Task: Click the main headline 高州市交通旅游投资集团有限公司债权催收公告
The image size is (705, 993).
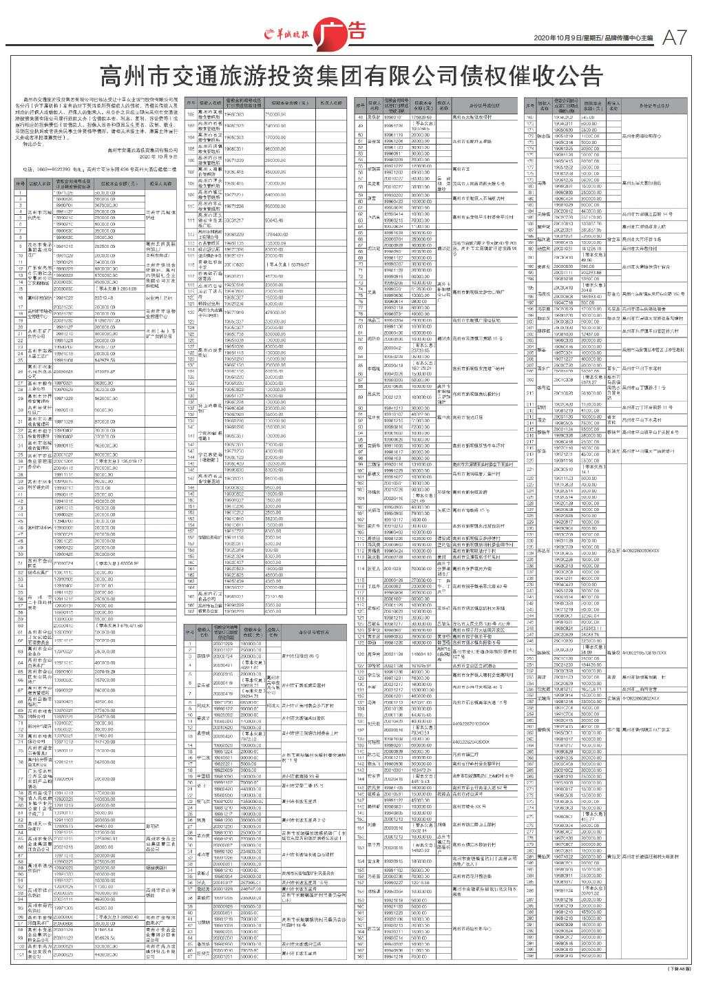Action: coord(352,75)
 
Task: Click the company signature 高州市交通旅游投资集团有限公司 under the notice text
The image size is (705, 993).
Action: coord(142,147)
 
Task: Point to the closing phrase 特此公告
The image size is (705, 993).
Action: coord(32,142)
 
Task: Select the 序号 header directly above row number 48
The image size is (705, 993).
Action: coord(359,107)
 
